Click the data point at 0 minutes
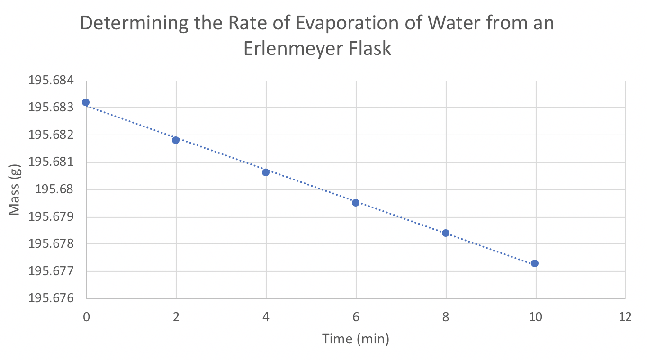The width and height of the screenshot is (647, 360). pyautogui.click(x=86, y=102)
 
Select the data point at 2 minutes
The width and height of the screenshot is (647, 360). pyautogui.click(x=176, y=140)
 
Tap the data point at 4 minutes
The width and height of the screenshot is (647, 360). pyautogui.click(x=266, y=172)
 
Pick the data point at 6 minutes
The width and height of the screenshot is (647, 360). pyautogui.click(x=356, y=203)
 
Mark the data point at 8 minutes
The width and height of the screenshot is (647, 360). pyautogui.click(x=445, y=233)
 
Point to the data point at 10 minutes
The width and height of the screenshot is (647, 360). pyautogui.click(x=535, y=263)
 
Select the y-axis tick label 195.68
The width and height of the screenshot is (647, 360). pyautogui.click(x=58, y=190)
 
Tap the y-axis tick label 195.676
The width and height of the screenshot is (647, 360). pyautogui.click(x=52, y=299)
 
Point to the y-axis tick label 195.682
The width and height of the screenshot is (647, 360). pyautogui.click(x=52, y=135)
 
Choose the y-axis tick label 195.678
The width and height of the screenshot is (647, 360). pyautogui.click(x=52, y=244)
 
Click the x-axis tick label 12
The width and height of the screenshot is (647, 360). pyautogui.click(x=625, y=317)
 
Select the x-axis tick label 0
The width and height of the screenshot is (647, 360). pyautogui.click(x=86, y=317)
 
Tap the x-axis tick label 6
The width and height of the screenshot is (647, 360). pyautogui.click(x=356, y=317)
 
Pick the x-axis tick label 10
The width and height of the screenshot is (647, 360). pyautogui.click(x=535, y=317)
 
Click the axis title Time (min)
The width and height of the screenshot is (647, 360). pyautogui.click(x=355, y=339)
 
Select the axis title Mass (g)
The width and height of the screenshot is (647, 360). pyautogui.click(x=15, y=189)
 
